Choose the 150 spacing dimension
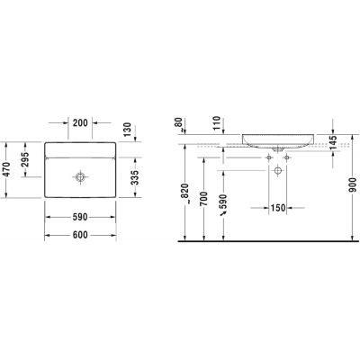coord(278,209)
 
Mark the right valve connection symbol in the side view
coord(288,157)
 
